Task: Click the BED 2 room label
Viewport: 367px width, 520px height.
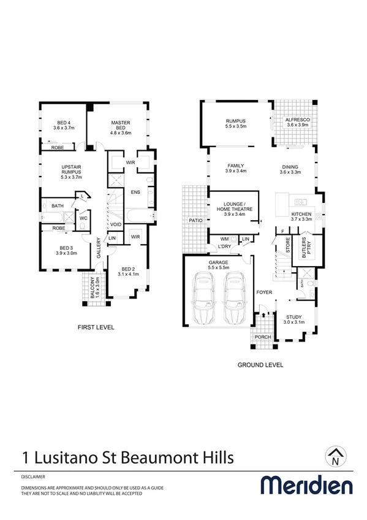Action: click(x=127, y=272)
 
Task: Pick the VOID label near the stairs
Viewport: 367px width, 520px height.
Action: click(x=116, y=224)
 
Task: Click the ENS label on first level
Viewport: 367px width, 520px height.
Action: click(x=135, y=193)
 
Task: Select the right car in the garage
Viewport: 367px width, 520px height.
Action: click(x=233, y=299)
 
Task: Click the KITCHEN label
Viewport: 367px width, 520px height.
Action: click(x=301, y=216)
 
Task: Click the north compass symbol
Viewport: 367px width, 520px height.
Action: click(x=335, y=454)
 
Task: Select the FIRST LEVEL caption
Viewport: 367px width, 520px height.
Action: click(x=96, y=327)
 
